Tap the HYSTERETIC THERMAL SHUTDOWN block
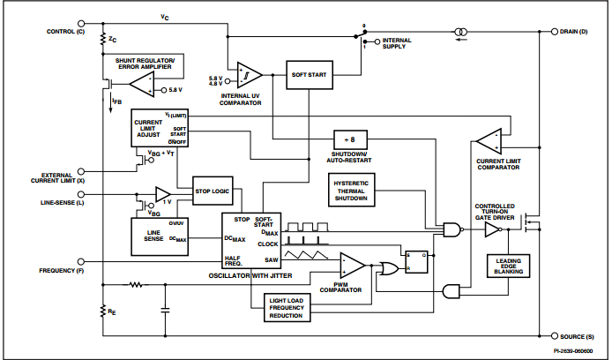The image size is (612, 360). pyautogui.click(x=351, y=189)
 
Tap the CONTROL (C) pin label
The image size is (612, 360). pyautogui.click(x=64, y=32)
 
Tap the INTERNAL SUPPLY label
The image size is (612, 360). pyautogui.click(x=402, y=44)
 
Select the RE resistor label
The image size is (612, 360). pyautogui.click(x=112, y=311)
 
